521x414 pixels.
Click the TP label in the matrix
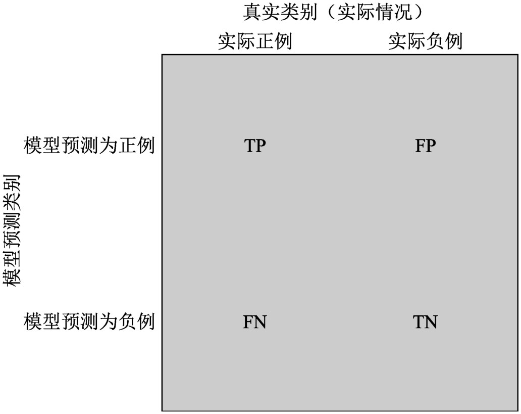(254, 146)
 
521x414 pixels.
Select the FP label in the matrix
(425, 146)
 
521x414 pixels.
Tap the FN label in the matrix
(254, 322)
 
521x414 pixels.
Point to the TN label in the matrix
(425, 322)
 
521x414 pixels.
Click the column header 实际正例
(255, 41)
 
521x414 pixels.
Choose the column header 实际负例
(425, 41)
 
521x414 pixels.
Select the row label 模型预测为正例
(89, 146)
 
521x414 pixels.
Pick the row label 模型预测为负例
(89, 321)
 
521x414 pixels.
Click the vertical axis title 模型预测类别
(12, 231)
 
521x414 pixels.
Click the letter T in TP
(249, 146)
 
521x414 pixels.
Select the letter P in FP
(430, 146)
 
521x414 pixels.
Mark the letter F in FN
(249, 322)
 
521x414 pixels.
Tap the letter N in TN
(431, 322)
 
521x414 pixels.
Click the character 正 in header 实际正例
(265, 41)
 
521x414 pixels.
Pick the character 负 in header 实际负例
(435, 41)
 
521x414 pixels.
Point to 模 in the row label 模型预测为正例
(33, 146)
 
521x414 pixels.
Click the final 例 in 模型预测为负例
(145, 321)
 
